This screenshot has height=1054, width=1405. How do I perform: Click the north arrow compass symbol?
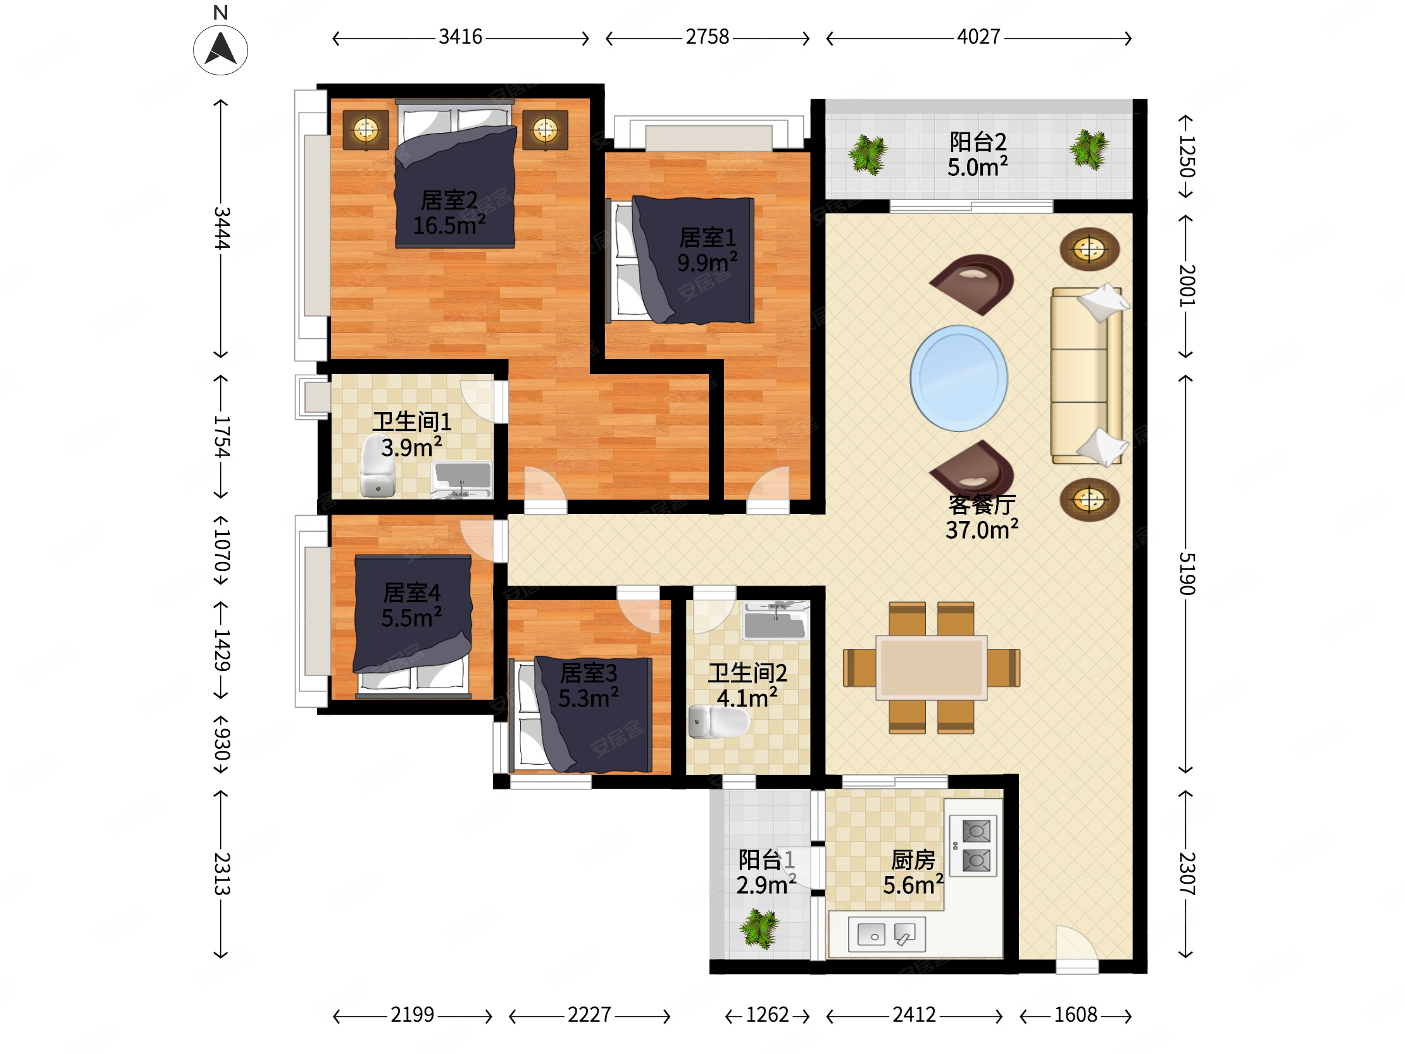coord(220,49)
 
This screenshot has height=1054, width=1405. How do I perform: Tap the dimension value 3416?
coord(461,37)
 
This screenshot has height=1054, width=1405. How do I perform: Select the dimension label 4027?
coord(978,37)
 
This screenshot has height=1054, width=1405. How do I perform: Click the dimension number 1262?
coord(767,1015)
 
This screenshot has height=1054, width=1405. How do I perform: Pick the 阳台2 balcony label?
coord(978,154)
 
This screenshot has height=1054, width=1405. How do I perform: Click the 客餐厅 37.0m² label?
coord(982,517)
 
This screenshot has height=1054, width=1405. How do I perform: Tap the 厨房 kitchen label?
coord(913,872)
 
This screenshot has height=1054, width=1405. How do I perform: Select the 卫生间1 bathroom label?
coord(411,434)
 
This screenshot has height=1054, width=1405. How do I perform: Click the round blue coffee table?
coord(958,378)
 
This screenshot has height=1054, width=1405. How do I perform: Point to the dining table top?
coord(931,668)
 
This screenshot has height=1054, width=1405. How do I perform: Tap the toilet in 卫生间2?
coord(718,721)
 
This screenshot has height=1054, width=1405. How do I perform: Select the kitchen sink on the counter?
coord(887,934)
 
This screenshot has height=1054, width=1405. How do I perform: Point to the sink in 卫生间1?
coord(462,479)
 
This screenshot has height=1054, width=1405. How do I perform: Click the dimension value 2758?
coord(707,37)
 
